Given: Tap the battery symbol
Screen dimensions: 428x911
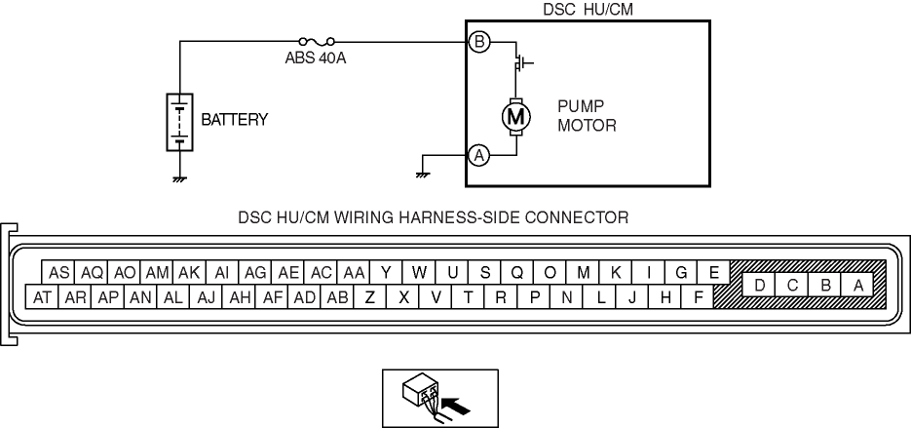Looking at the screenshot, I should tap(180, 122).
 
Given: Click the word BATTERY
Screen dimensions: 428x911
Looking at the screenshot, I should tap(234, 120).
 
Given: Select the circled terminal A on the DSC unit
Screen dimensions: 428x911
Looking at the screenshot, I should tap(478, 154).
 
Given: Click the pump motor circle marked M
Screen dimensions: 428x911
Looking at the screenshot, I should tap(515, 117).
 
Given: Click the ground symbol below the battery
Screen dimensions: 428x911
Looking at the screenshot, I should tap(180, 178).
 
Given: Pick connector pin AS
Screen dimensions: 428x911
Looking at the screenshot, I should tap(58, 273).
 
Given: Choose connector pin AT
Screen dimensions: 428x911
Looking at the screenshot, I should tap(42, 297).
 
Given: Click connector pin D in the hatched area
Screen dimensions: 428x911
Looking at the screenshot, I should tap(758, 285).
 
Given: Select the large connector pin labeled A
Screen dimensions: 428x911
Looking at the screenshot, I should tap(857, 285).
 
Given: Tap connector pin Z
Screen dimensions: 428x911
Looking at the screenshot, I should tap(369, 297).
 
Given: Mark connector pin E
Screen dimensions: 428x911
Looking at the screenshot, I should tap(714, 273).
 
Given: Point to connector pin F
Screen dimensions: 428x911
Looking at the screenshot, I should tap(698, 297).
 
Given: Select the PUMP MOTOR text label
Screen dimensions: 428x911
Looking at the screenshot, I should tap(588, 116).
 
